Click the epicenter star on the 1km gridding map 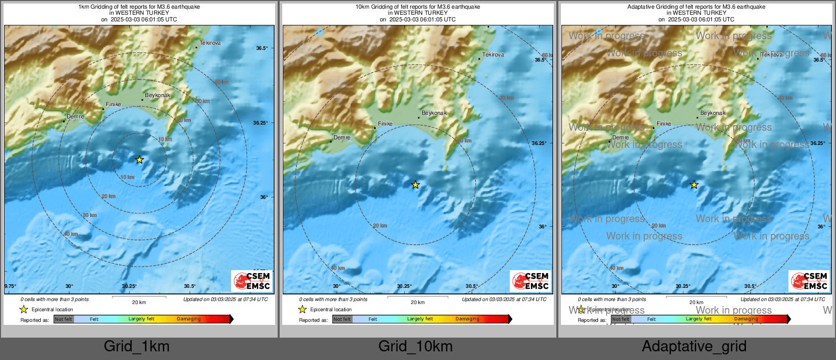point(139,160)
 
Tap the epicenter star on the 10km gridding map point(415,185)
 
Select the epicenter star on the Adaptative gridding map point(694,185)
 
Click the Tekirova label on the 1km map point(210,43)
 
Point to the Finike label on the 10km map point(385,124)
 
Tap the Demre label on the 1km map point(75,117)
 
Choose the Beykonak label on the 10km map point(434,113)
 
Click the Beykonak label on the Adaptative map point(713,113)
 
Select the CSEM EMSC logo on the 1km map point(252,281)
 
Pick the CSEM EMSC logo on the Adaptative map point(810,281)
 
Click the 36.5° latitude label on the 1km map point(262,48)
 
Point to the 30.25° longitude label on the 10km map point(404,286)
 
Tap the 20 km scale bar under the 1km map point(139,296)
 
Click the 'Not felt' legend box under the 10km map point(342,319)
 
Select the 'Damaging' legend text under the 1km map point(189,319)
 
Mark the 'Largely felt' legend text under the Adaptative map point(699,319)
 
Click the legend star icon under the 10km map point(303,310)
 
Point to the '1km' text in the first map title point(83,7)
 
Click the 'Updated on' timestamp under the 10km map point(504,299)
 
